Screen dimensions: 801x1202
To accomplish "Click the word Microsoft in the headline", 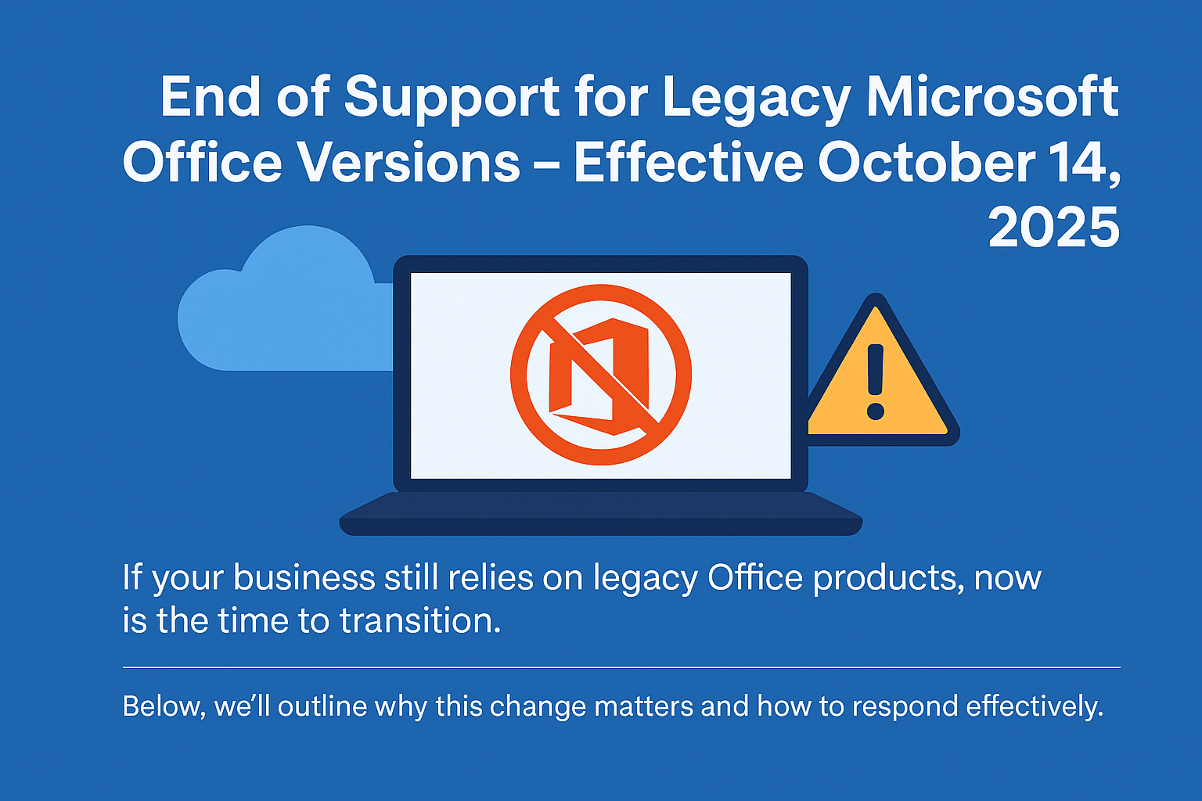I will pyautogui.click(x=992, y=97).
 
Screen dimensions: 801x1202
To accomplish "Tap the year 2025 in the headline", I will pyautogui.click(x=1053, y=228).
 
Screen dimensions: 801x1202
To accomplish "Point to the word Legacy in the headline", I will pyautogui.click(x=756, y=97).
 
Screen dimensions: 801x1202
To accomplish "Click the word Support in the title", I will pyautogui.click(x=452, y=97).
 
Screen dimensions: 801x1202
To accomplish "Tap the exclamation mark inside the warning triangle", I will pyautogui.click(x=876, y=382).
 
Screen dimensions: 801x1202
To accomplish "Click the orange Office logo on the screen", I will pyautogui.click(x=600, y=375).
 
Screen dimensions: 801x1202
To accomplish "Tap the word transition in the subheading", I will pyautogui.click(x=419, y=621).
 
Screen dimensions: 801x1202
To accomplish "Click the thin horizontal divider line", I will pyautogui.click(x=621, y=667).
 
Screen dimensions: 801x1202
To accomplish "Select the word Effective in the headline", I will pyautogui.click(x=689, y=163).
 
